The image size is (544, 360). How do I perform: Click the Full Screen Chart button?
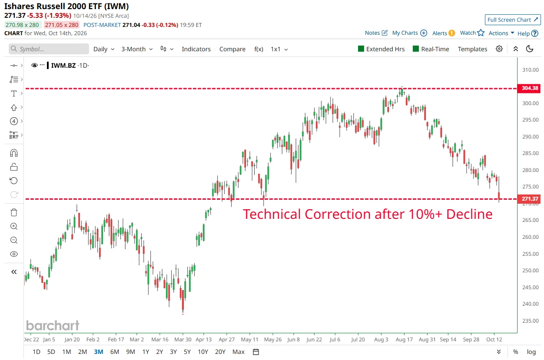pos(513,20)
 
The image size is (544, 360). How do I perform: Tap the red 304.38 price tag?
pos(529,88)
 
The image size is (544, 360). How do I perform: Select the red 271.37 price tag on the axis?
pos(529,199)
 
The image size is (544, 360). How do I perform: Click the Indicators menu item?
pos(196,49)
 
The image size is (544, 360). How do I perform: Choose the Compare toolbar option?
pos(232,49)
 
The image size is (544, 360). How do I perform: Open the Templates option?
pos(472,49)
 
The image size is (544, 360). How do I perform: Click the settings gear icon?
pos(499,49)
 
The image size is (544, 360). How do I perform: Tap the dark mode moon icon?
pos(529,49)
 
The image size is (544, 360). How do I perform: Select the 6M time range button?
pos(115,352)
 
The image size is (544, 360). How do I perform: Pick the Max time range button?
pos(239,352)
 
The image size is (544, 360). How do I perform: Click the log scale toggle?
pos(531,352)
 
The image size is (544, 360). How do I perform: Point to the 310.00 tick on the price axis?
pos(531,70)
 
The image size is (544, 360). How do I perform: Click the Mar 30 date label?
pos(183,339)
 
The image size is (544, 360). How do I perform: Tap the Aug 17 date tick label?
pos(404,339)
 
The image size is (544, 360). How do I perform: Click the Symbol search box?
pos(49,49)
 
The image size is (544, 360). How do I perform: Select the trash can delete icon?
pos(14,212)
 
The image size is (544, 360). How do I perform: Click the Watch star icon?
pos(481,33)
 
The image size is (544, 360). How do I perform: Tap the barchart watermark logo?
pos(53,325)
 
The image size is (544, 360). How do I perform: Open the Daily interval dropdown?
pos(104,49)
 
